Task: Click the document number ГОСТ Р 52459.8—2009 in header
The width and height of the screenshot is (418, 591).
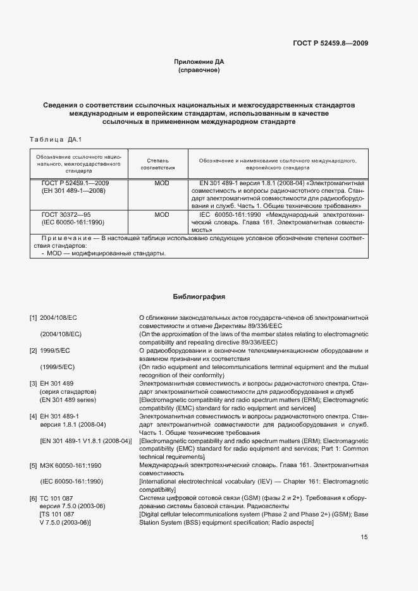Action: pyautogui.click(x=331, y=44)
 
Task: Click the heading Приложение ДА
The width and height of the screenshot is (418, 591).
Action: pyautogui.click(x=199, y=62)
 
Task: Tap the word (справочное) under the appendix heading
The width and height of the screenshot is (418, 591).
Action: pyautogui.click(x=199, y=71)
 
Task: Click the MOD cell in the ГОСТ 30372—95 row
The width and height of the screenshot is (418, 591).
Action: pyautogui.click(x=162, y=215)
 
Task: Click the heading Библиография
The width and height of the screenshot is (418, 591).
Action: pyautogui.click(x=199, y=296)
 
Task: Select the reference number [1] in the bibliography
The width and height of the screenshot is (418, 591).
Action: pyautogui.click(x=34, y=317)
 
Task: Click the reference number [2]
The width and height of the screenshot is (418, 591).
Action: pyautogui.click(x=34, y=350)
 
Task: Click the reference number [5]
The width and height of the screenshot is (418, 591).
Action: pyautogui.click(x=34, y=465)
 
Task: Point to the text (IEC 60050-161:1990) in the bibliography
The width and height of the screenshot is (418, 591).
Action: pyautogui.click(x=71, y=482)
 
